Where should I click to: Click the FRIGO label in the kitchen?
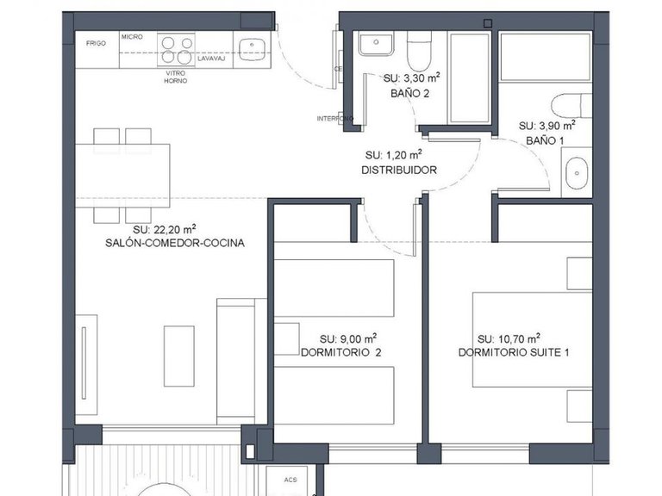96,42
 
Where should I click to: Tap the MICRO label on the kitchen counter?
132,37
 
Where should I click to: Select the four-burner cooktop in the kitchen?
176,47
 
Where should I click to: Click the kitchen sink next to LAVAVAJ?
251,49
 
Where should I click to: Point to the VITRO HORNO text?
176,77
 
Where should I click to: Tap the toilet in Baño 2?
420,51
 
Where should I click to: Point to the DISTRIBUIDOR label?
398,170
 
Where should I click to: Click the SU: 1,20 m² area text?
393,155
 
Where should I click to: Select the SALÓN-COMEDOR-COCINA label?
175,244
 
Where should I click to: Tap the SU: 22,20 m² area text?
164,229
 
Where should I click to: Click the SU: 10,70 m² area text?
509,338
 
